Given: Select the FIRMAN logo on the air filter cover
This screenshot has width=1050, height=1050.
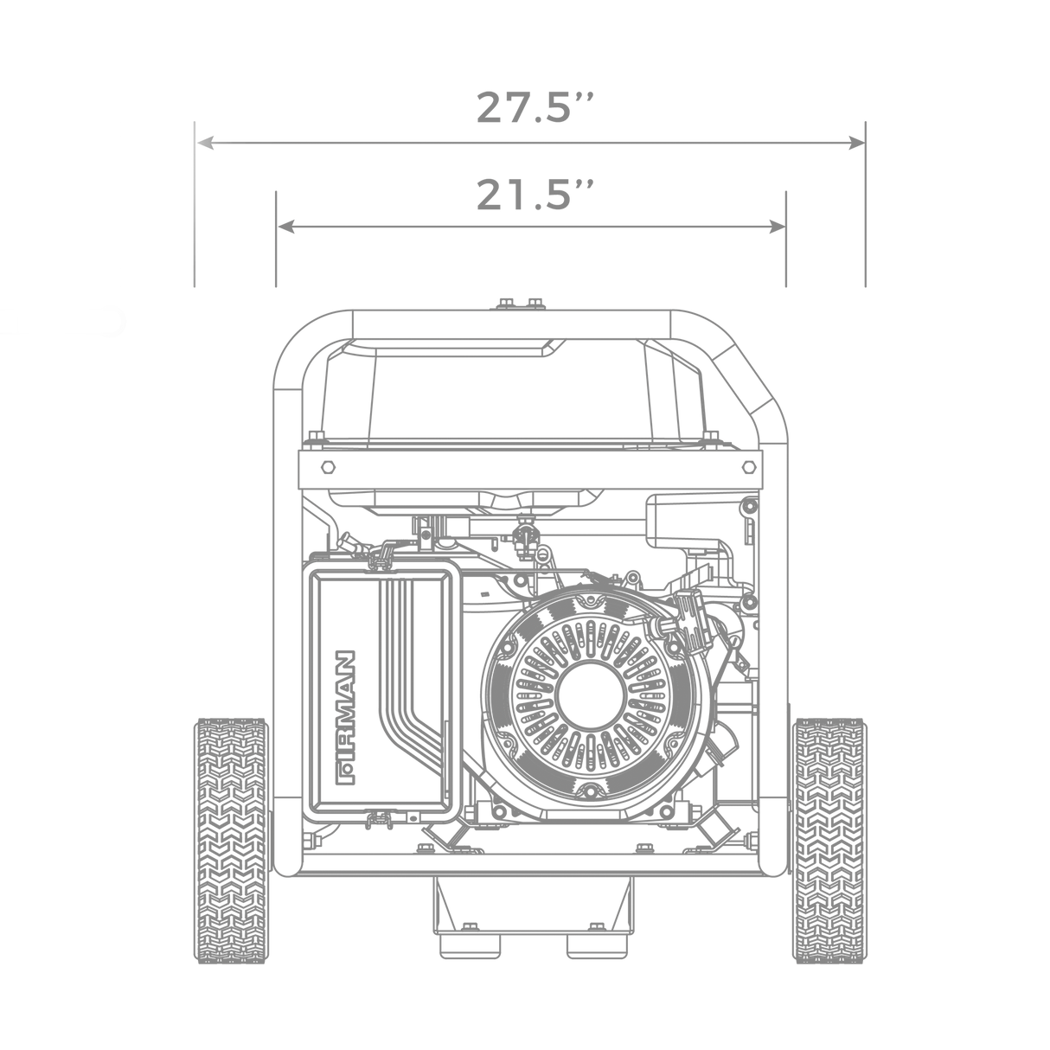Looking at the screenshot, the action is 347,717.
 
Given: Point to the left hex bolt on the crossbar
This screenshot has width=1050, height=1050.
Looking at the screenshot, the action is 328,467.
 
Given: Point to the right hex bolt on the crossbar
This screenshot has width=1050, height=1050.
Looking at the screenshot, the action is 749,467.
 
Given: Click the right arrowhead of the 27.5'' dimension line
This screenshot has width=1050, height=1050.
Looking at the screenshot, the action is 857,144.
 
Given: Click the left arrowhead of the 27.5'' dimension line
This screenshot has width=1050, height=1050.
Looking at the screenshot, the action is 204,144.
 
